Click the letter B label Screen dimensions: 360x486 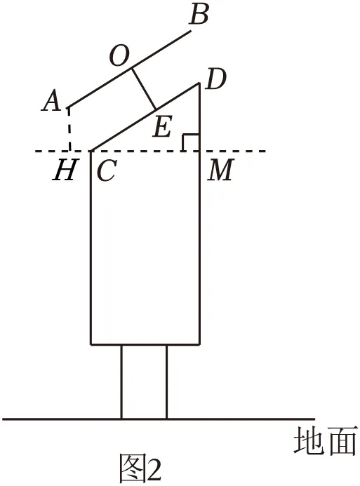pyautogui.click(x=199, y=15)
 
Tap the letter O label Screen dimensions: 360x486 pyautogui.click(x=119, y=57)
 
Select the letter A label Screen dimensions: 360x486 pyautogui.click(x=51, y=100)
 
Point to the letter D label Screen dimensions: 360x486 pyautogui.click(x=217, y=79)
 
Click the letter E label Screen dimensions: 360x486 pyautogui.click(x=163, y=126)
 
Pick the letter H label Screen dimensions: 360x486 pyautogui.click(x=65, y=170)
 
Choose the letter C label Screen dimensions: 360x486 pyautogui.click(x=107, y=170)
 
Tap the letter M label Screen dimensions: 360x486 pyautogui.click(x=221, y=170)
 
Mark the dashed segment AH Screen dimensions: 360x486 pyautogui.click(x=69, y=129)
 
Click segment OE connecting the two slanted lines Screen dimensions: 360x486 pyautogui.click(x=144, y=89)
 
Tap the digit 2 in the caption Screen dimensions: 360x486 pyautogui.click(x=153, y=470)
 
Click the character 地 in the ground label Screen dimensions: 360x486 pyautogui.click(x=308, y=440)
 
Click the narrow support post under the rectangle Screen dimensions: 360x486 pyautogui.click(x=144, y=382)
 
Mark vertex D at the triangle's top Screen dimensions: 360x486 pyautogui.click(x=199, y=83)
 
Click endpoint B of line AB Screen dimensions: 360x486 pyautogui.click(x=190, y=31)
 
